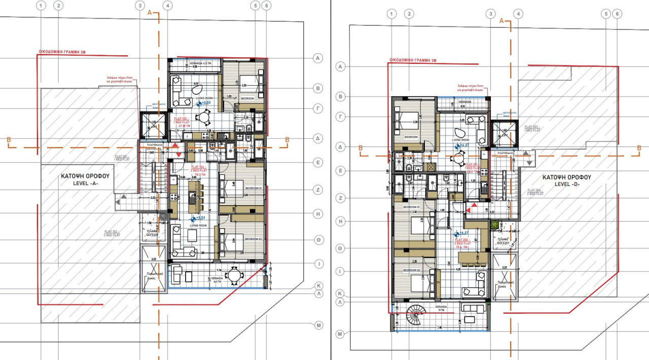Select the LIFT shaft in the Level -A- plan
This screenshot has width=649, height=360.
tap(153, 125)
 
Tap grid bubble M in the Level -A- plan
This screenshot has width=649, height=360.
tap(318, 325)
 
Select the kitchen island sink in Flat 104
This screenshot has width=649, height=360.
tap(191, 199)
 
